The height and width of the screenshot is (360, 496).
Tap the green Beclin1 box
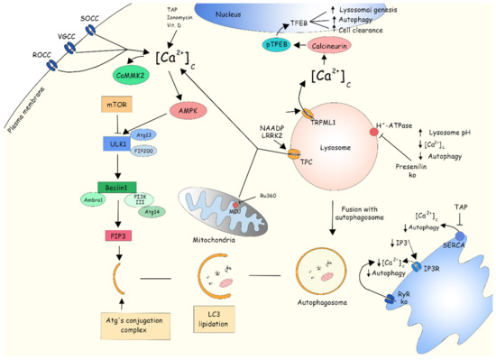[x=115, y=189]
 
